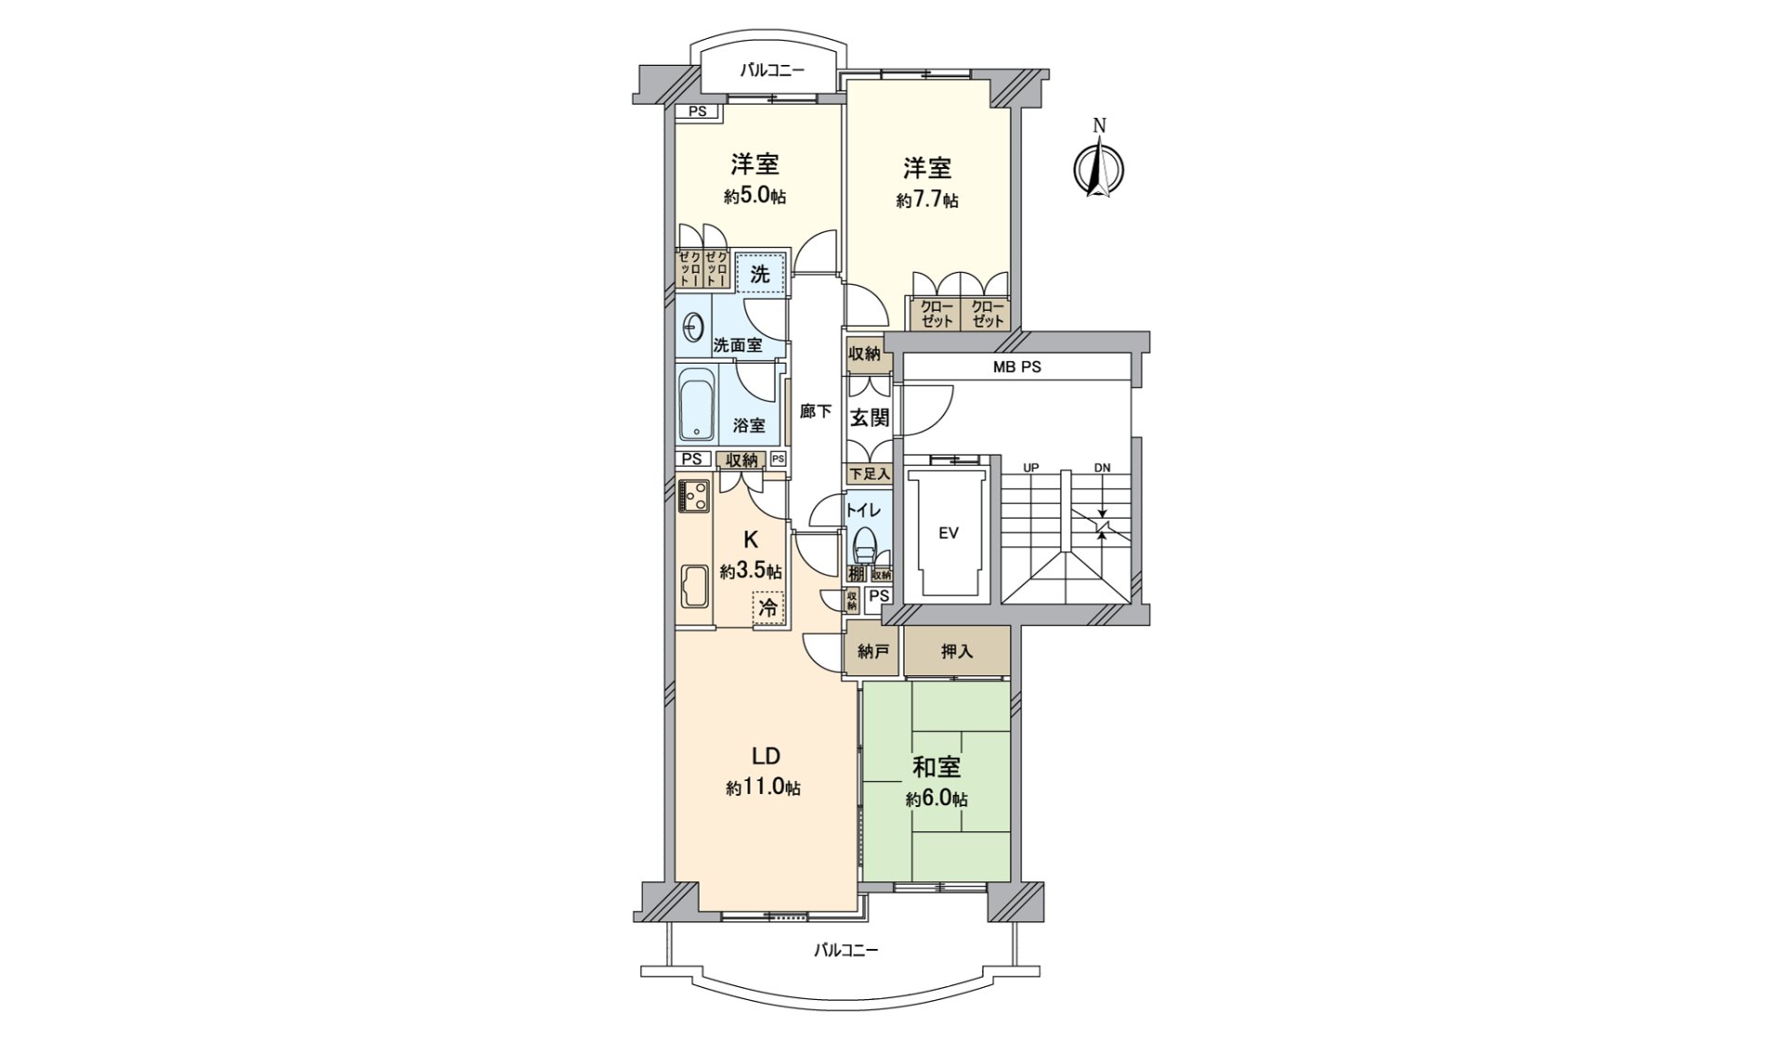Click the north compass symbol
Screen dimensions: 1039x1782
[x=1099, y=167]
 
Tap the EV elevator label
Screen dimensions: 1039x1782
[x=948, y=532]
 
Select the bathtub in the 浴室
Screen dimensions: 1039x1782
[x=695, y=405]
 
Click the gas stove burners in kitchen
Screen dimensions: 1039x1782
[x=693, y=496]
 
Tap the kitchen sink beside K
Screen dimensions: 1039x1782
[x=693, y=585]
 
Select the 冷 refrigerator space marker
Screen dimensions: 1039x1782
[x=768, y=609]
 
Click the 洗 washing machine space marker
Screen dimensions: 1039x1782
[x=760, y=275]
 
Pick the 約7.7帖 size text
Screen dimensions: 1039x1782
[x=927, y=199]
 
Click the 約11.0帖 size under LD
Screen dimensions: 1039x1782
[x=764, y=788]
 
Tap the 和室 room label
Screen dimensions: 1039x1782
[x=936, y=767]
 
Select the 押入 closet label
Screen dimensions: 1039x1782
[x=957, y=651]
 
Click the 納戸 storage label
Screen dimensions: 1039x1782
[x=872, y=651]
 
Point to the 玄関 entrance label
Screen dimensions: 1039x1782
[x=870, y=417]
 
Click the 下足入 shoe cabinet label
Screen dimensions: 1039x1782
[x=869, y=474]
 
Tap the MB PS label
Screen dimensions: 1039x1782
[x=1017, y=366]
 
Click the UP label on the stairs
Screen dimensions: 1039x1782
[x=1030, y=468]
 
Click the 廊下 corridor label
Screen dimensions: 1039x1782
[x=815, y=411]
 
